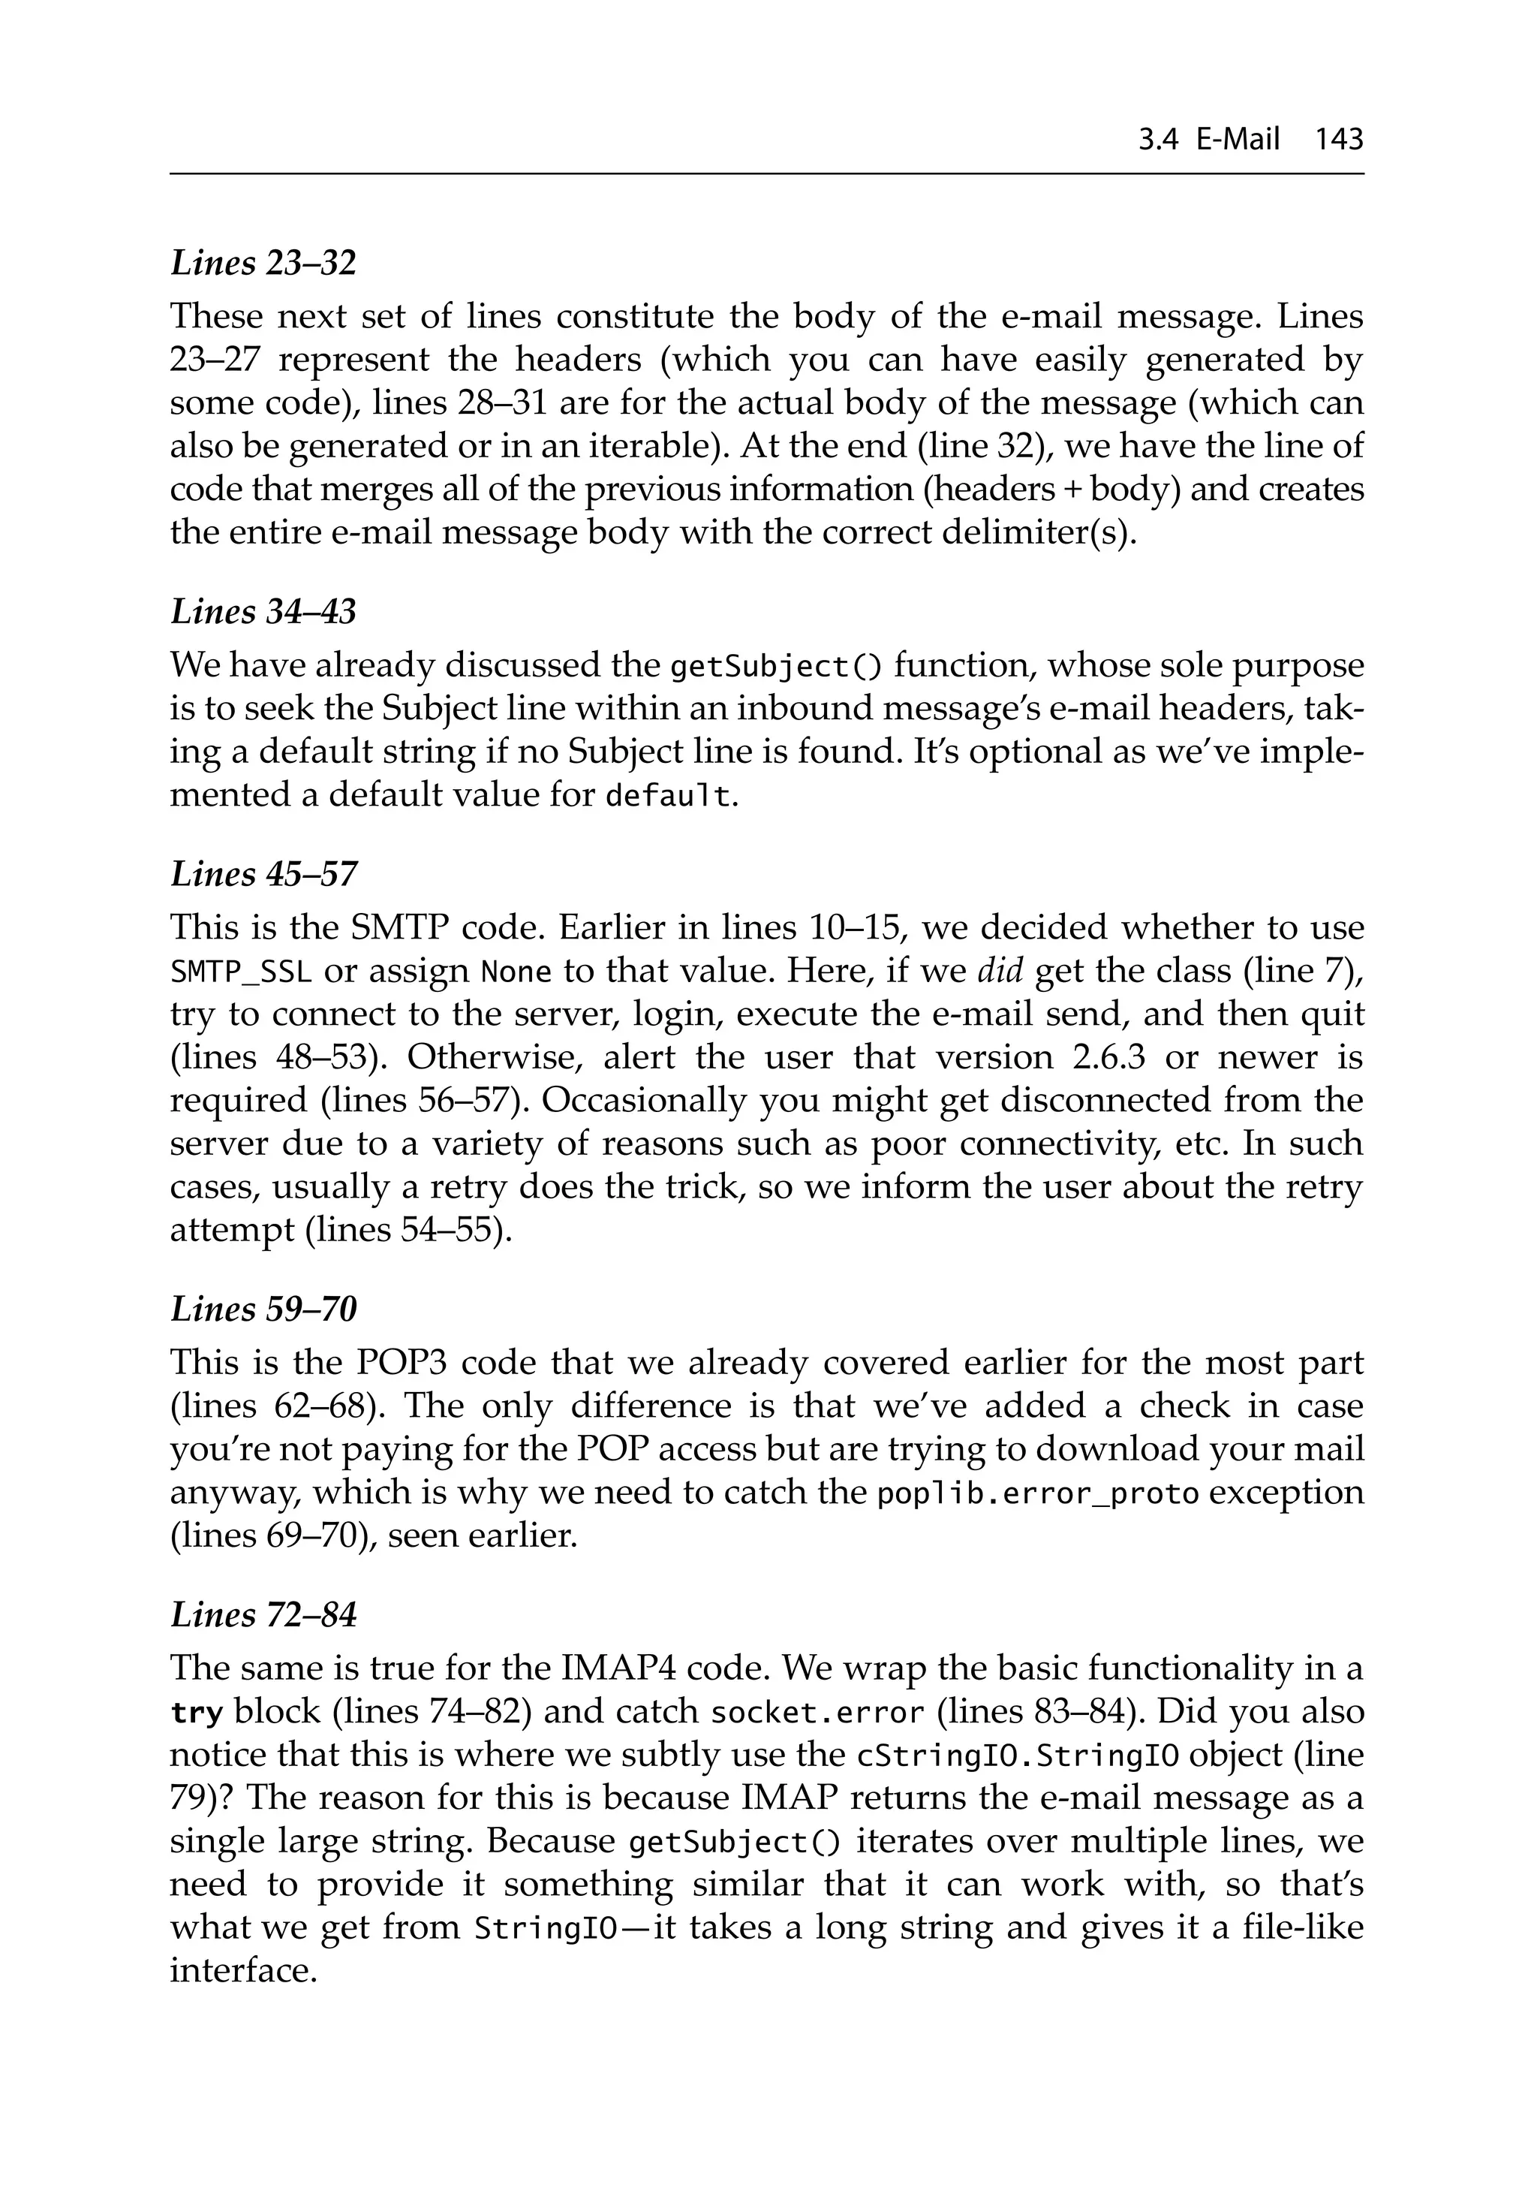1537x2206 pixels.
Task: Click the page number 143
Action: [1339, 140]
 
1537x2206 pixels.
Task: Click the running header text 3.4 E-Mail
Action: [1208, 140]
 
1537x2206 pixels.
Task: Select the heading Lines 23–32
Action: [263, 262]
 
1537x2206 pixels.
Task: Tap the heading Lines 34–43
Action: [263, 611]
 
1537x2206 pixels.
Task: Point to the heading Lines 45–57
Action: [263, 873]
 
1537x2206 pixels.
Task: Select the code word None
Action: [515, 972]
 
